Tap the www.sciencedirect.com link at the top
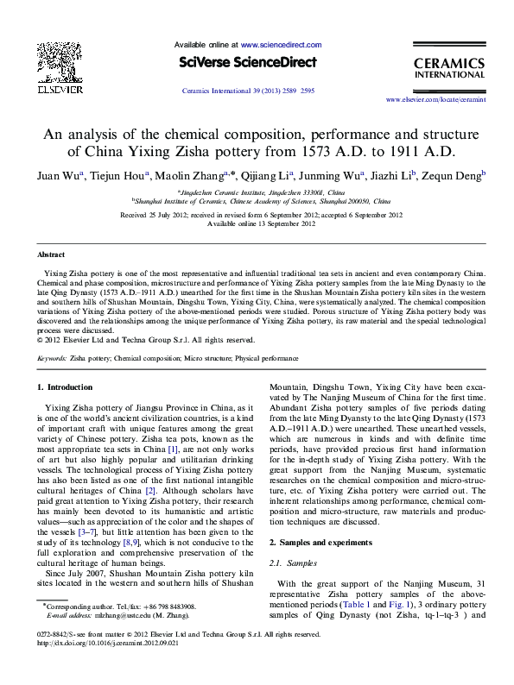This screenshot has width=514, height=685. point(281,43)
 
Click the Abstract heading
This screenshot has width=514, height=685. point(50,255)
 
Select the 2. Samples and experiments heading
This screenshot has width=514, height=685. point(324,541)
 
